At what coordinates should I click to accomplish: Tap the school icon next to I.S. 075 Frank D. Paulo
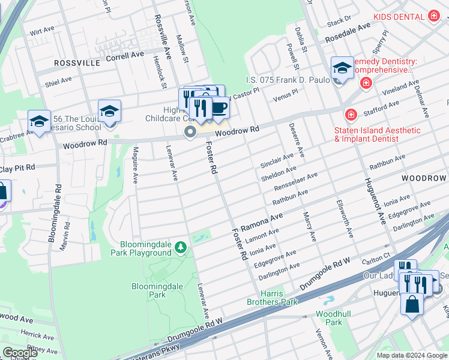(342, 69)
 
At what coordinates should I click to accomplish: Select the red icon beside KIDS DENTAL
(435, 17)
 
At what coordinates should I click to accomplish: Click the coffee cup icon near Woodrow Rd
(220, 108)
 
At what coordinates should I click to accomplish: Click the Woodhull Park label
(329, 318)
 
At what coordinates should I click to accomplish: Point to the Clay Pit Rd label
(18, 168)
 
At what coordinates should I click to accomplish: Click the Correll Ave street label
(125, 55)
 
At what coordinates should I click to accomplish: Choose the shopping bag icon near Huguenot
(413, 305)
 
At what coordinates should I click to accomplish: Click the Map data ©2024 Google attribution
(412, 355)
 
